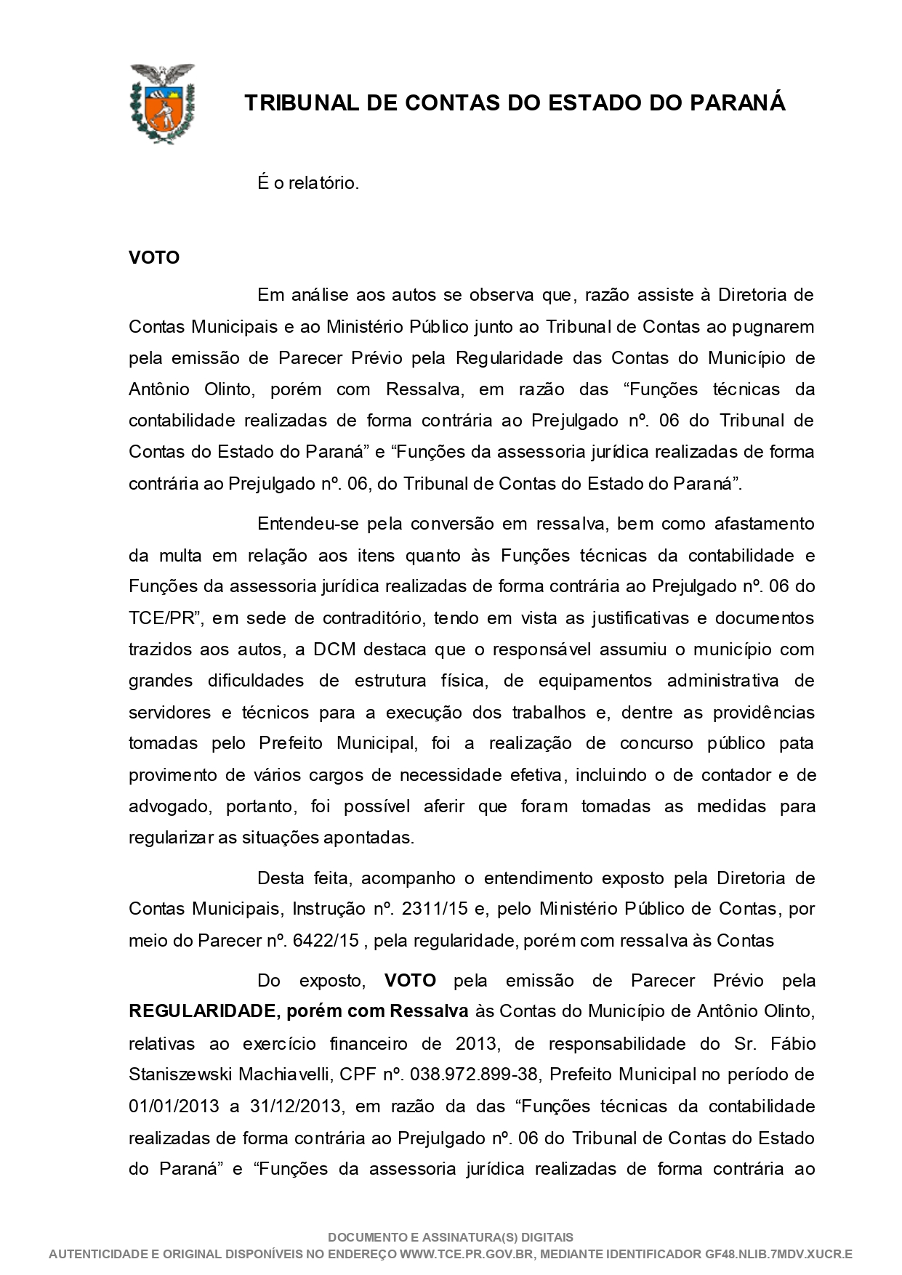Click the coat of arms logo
click(x=161, y=102)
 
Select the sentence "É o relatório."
click(x=308, y=183)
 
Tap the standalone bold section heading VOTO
click(x=154, y=258)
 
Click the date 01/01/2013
click(x=174, y=1106)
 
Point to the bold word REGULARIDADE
click(x=201, y=1011)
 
